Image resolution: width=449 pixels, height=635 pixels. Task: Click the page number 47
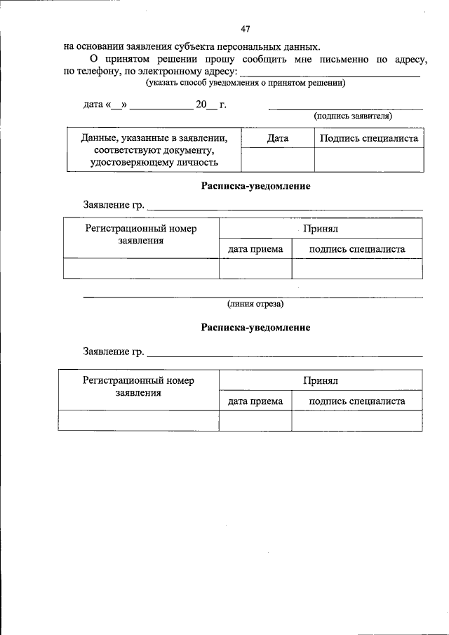245,29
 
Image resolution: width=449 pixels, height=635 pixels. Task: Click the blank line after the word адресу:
330,74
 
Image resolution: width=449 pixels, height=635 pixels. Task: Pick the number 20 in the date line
201,105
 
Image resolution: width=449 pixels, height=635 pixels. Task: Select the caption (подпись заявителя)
352,116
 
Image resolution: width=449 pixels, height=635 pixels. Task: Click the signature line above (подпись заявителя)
346,109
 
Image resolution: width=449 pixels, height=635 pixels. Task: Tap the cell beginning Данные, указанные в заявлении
154,150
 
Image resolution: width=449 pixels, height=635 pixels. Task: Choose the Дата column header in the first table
278,138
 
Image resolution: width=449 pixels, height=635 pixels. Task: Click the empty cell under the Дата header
278,160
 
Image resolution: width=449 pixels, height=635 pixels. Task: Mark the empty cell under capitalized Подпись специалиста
369,160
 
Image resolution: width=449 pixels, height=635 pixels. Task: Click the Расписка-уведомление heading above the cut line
255,187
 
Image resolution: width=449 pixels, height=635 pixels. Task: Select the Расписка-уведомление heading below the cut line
255,328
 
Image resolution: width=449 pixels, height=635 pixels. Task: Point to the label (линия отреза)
255,304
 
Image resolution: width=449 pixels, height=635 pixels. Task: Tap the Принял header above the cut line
321,229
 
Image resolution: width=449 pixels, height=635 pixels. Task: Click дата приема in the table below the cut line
255,401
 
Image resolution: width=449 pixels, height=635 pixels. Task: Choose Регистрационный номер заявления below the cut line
138,387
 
